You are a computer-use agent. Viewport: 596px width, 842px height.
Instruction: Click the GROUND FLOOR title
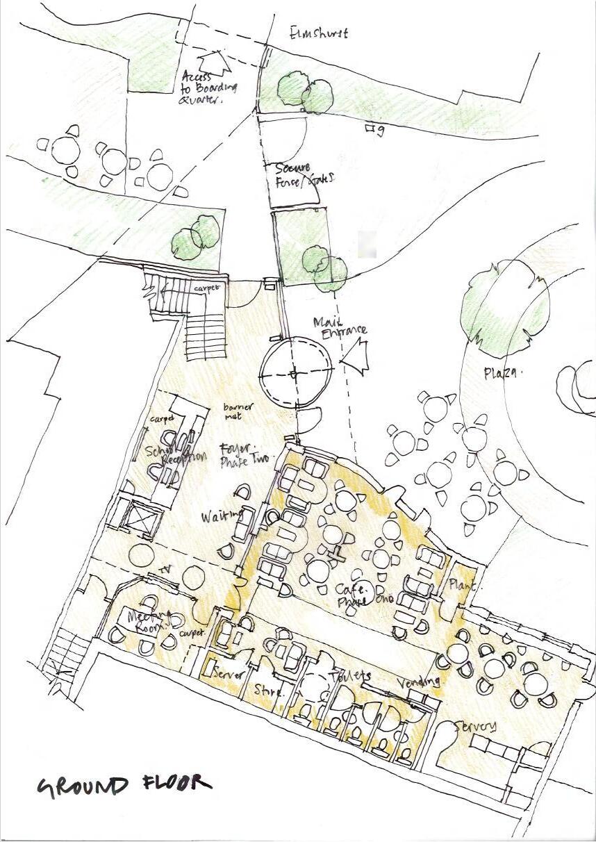coord(124,785)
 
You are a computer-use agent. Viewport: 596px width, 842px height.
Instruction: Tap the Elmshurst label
coord(319,33)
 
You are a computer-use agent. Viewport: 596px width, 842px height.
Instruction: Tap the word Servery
coord(476,727)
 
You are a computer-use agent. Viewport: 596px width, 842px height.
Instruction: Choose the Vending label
coord(420,682)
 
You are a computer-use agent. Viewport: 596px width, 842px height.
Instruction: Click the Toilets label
coord(350,675)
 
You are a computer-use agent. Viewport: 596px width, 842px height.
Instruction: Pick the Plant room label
coord(461,585)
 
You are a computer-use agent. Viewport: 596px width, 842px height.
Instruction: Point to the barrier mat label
coord(238,412)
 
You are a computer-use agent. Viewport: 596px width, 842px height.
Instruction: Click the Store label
coord(267,691)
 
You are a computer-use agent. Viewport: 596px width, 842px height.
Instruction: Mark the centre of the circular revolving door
coord(295,373)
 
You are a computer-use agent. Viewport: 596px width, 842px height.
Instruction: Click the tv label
coord(165,570)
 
